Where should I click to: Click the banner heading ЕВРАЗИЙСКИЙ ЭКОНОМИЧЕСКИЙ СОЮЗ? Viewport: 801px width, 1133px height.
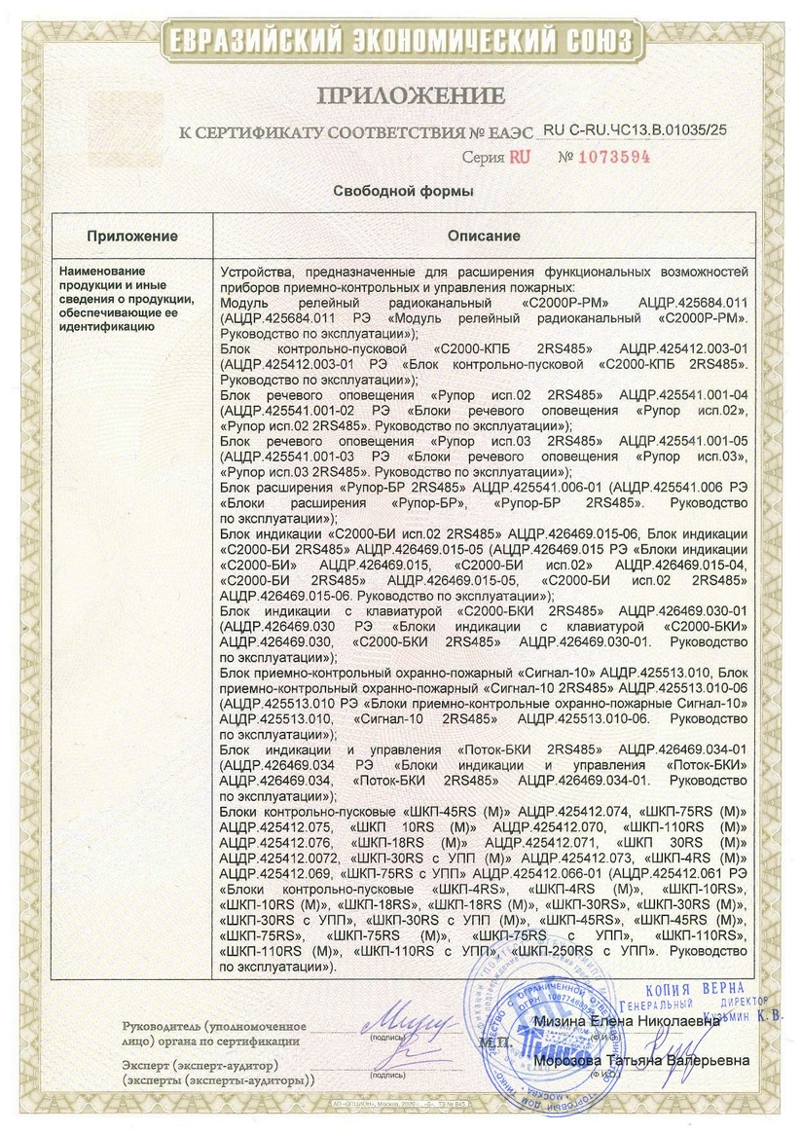400,40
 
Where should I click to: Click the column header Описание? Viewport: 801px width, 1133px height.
484,236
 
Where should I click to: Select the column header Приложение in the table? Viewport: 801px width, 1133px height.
132,236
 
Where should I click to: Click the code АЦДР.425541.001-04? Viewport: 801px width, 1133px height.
682,397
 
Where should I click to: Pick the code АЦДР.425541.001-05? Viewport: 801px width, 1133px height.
682,440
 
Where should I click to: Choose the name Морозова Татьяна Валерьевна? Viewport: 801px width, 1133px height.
643,1060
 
